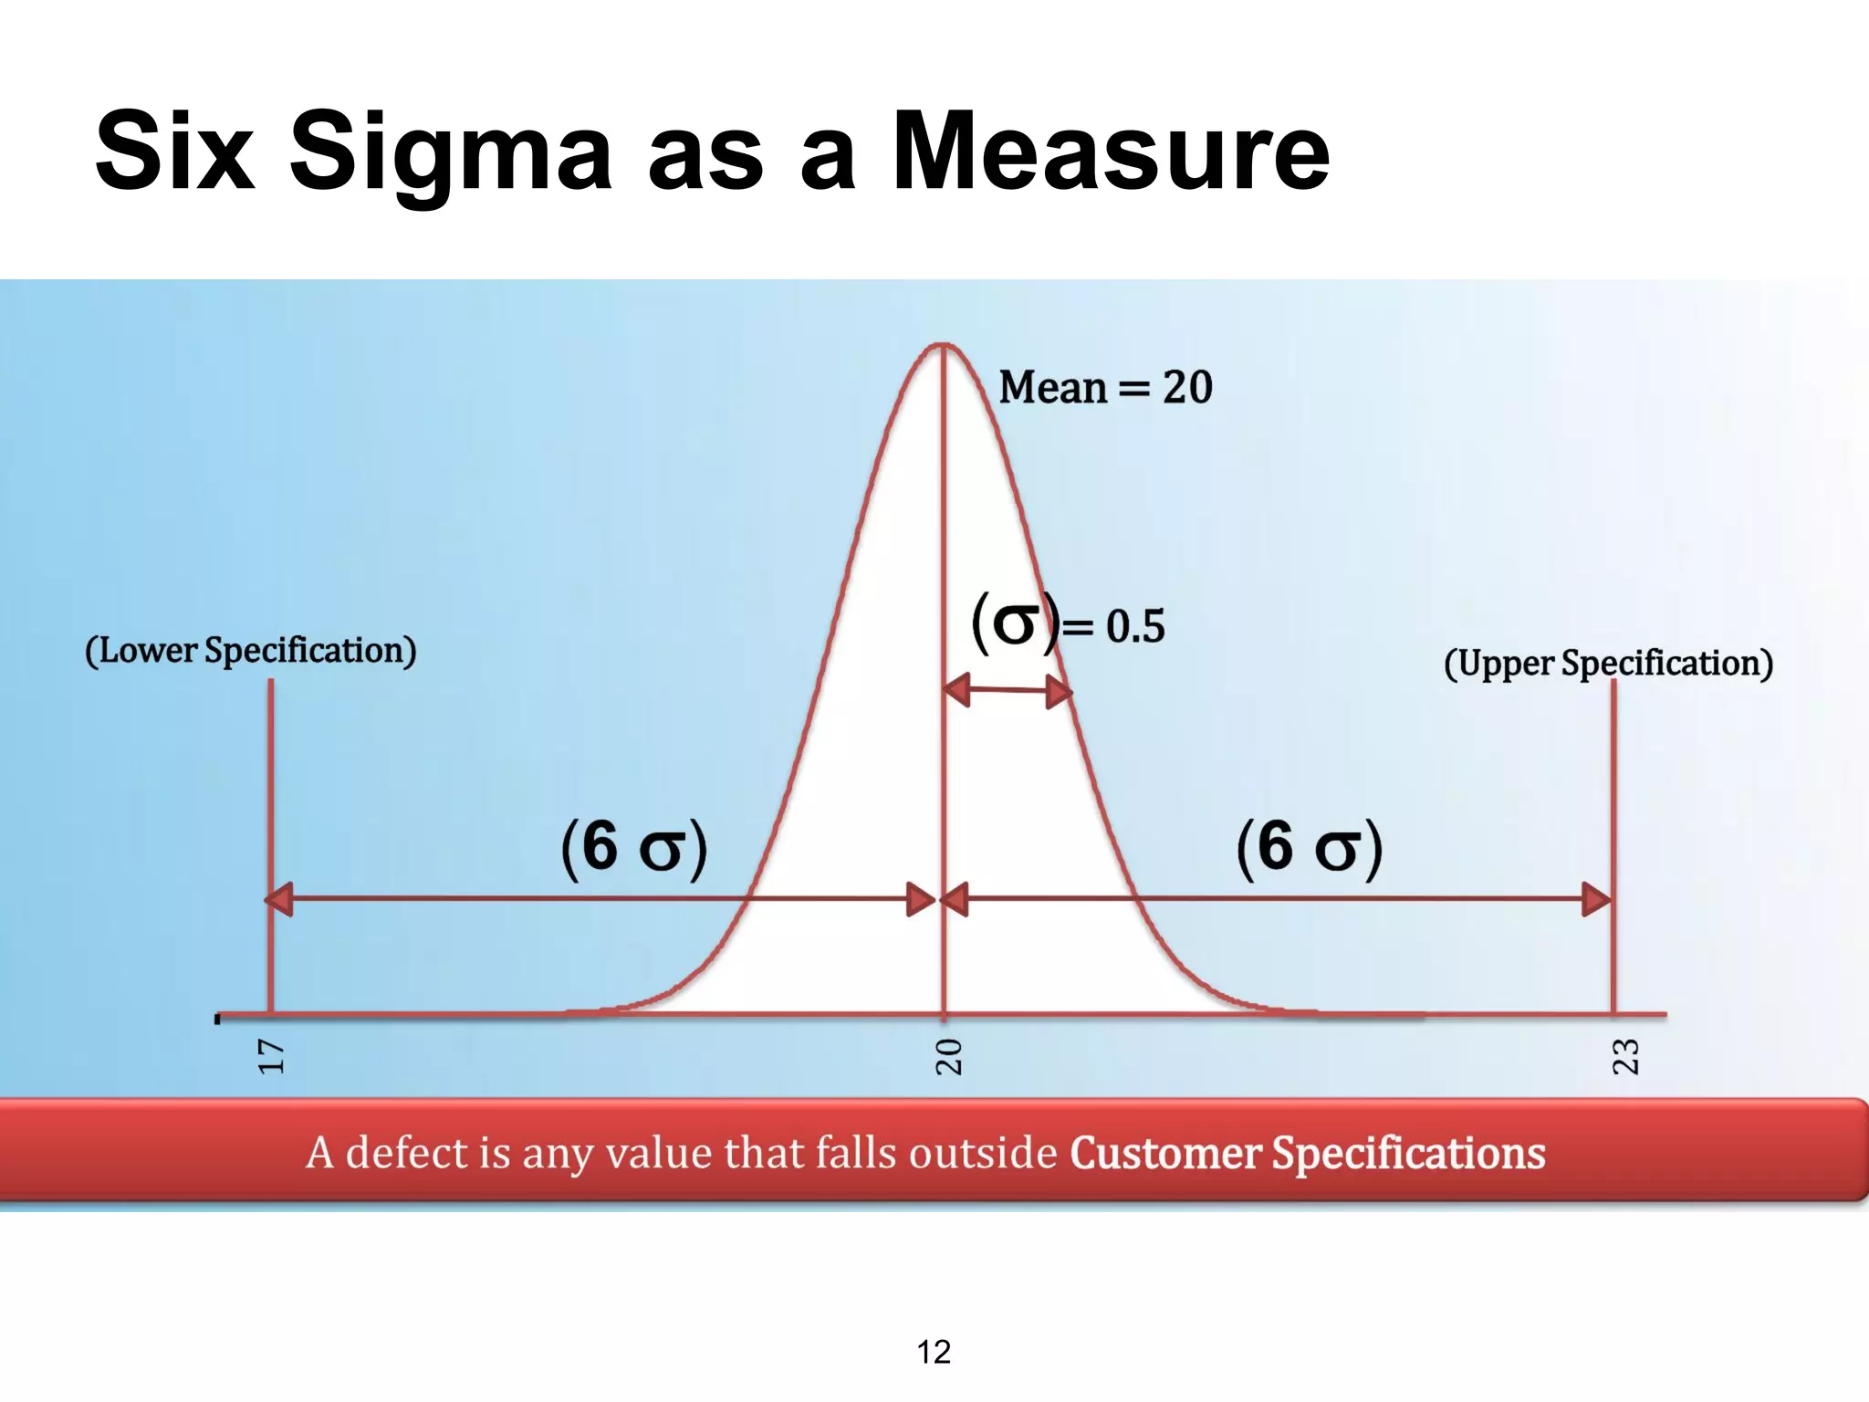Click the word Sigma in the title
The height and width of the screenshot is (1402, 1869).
(450, 153)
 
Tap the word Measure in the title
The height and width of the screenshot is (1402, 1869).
(1110, 152)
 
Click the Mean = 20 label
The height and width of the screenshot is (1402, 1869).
(1105, 387)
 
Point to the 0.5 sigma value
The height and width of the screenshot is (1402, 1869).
(1135, 627)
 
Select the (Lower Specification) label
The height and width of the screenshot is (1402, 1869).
(251, 651)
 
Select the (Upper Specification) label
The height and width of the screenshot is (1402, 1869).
(1608, 664)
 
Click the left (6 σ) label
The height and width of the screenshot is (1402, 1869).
(634, 847)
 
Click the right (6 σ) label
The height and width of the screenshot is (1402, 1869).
(1310, 847)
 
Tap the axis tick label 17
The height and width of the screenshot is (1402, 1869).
(271, 1057)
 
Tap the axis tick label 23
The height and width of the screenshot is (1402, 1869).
(1625, 1057)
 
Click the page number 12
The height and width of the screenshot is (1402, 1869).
(934, 1352)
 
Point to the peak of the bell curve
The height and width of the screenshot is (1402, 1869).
(943, 345)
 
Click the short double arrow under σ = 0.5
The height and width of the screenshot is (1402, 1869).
(1008, 691)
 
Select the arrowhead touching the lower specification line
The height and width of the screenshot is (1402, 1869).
(279, 899)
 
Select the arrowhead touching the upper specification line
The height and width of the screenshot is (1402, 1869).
(1597, 899)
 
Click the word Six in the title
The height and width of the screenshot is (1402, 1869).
(174, 152)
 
